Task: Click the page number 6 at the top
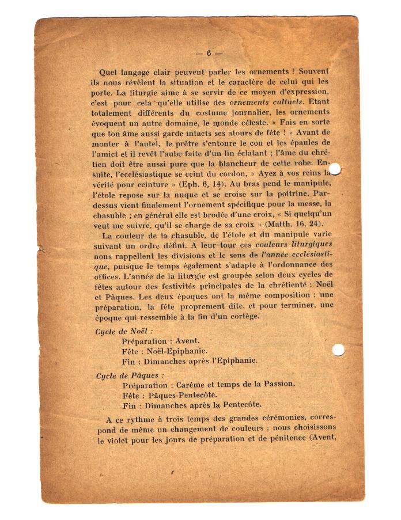pyautogui.click(x=209, y=53)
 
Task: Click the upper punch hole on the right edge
pyautogui.click(x=334, y=169)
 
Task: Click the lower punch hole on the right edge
pyautogui.click(x=338, y=350)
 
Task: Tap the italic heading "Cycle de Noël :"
pyautogui.click(x=124, y=331)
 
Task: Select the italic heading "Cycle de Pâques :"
pyautogui.click(x=130, y=375)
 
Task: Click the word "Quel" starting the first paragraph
pyautogui.click(x=108, y=72)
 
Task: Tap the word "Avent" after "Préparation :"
pyautogui.click(x=187, y=341)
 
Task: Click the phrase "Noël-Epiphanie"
pyautogui.click(x=178, y=351)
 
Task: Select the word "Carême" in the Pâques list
pyautogui.click(x=190, y=384)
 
